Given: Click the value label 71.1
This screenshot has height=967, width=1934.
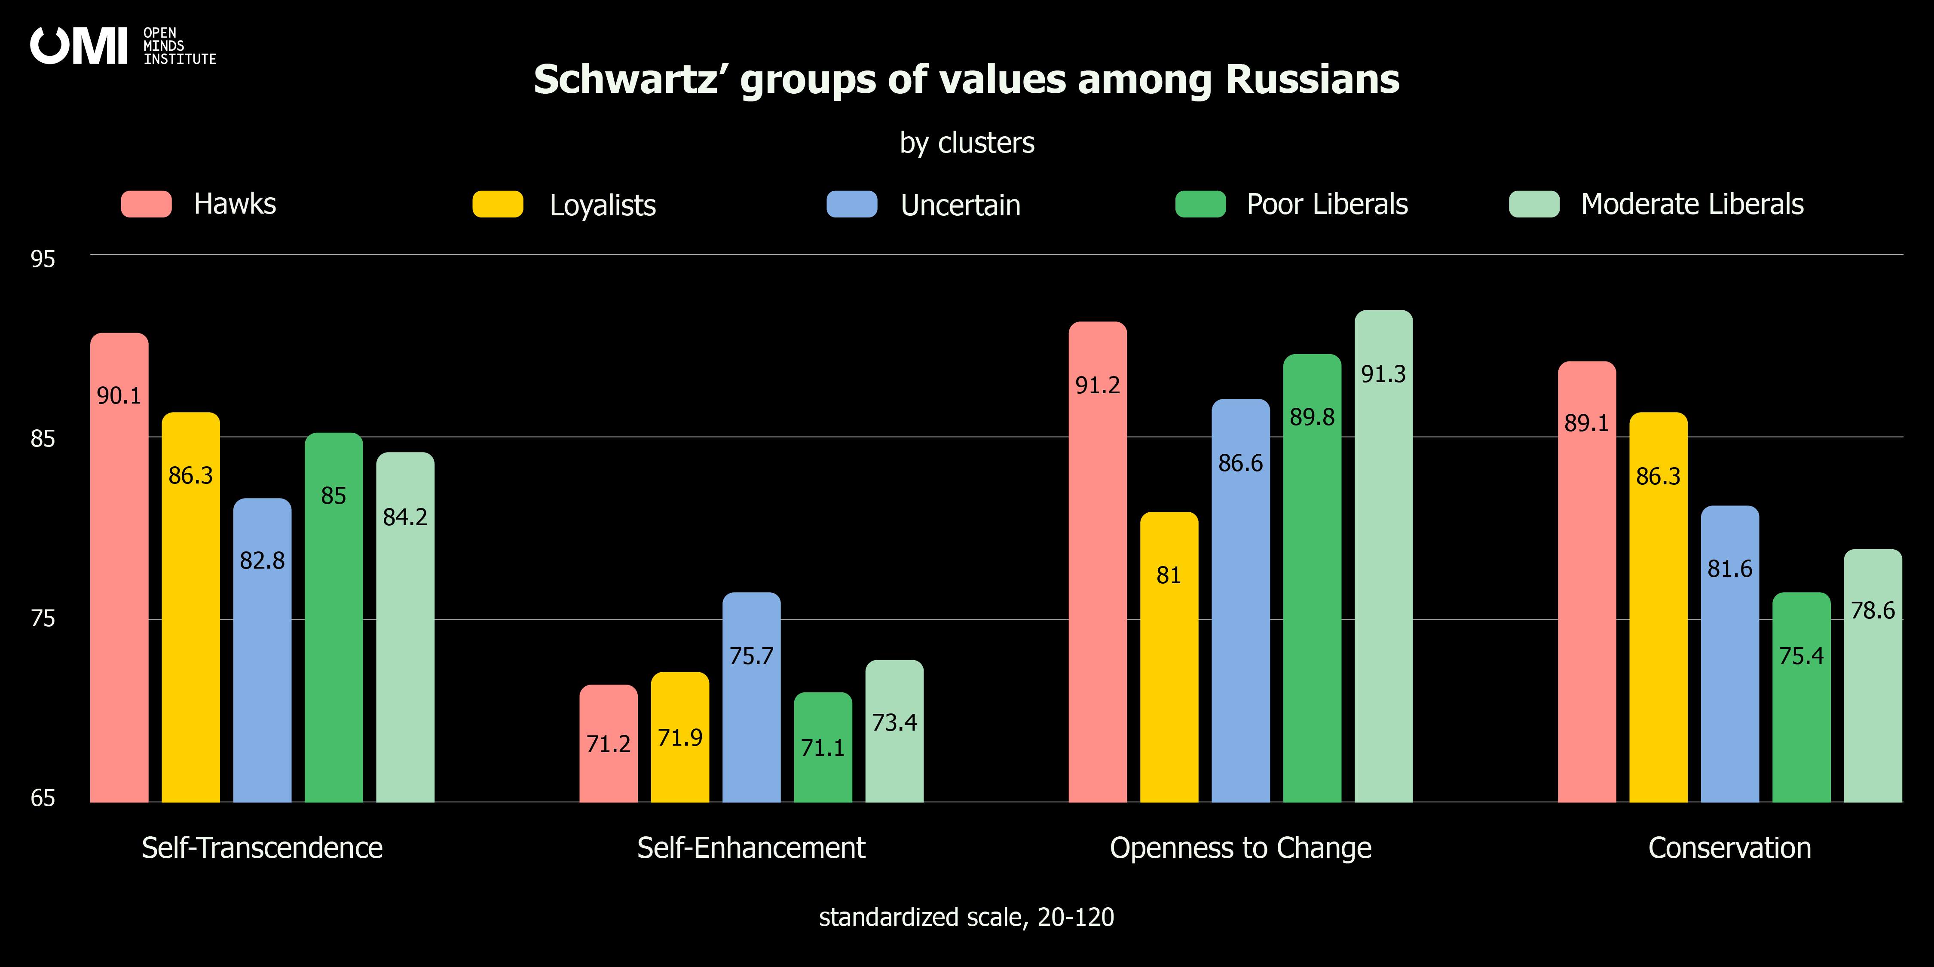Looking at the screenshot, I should [x=823, y=748].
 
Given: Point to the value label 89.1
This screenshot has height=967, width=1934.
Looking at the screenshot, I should [x=1586, y=423].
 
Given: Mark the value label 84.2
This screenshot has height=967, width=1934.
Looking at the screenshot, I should [x=405, y=517].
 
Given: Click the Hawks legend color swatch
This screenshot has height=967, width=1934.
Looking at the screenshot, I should [x=147, y=204].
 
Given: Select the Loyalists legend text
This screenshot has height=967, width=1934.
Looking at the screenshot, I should [x=603, y=205].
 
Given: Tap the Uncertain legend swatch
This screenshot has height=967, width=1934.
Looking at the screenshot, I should [x=852, y=204].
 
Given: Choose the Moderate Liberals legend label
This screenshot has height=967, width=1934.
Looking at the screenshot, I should [x=1692, y=204].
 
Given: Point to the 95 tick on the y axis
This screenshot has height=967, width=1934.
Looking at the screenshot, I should [x=43, y=259].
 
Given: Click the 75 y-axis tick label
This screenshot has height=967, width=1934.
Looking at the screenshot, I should [x=43, y=618].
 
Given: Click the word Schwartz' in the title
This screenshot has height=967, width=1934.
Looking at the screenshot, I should [x=630, y=80].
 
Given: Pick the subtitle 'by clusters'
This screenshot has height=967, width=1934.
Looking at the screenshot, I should [x=967, y=143].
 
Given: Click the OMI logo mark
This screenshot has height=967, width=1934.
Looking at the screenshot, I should [x=79, y=46].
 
